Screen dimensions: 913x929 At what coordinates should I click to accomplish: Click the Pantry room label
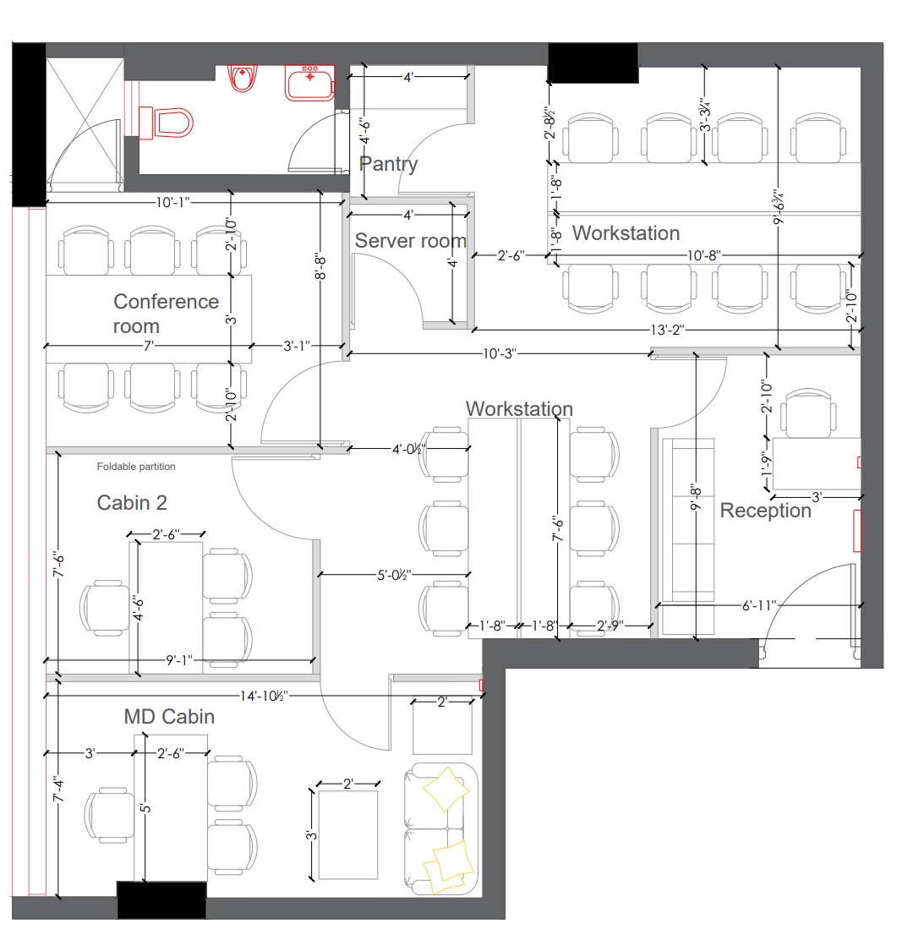tap(388, 163)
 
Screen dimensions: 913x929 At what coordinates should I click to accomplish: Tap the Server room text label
tap(410, 241)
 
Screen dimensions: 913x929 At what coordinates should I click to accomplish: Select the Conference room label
tap(166, 314)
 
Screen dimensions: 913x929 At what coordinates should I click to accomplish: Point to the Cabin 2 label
tap(132, 502)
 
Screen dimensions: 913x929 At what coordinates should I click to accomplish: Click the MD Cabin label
tap(169, 716)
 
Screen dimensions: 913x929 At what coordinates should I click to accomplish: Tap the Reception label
tap(765, 510)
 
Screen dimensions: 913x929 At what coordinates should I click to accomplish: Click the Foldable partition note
tap(135, 467)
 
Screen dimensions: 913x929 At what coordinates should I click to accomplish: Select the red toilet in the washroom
tap(167, 123)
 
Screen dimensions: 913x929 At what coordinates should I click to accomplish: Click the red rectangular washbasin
tap(310, 83)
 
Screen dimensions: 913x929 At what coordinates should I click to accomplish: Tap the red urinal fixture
tap(243, 79)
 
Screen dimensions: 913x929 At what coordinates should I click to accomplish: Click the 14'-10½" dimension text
tap(264, 696)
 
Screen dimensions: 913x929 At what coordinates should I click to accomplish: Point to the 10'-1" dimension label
tap(172, 202)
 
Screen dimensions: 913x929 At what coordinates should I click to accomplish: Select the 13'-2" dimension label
tap(667, 330)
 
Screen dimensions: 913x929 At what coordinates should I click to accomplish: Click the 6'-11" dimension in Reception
tap(759, 605)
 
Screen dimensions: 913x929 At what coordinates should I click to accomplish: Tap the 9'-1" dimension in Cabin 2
tap(179, 659)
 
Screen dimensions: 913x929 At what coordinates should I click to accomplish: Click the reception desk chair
tap(808, 413)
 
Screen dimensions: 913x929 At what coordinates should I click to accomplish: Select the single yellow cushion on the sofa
tap(445, 789)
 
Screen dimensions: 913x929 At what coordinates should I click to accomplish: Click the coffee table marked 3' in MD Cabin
tap(347, 835)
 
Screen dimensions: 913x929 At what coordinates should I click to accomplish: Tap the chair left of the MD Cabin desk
tap(110, 815)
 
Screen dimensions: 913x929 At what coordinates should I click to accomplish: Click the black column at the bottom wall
tap(161, 900)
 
